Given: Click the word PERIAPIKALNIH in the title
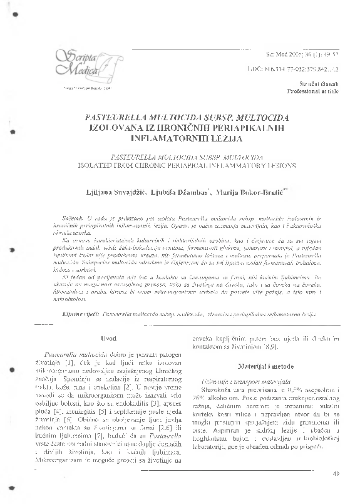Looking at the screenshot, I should click(x=235, y=127).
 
